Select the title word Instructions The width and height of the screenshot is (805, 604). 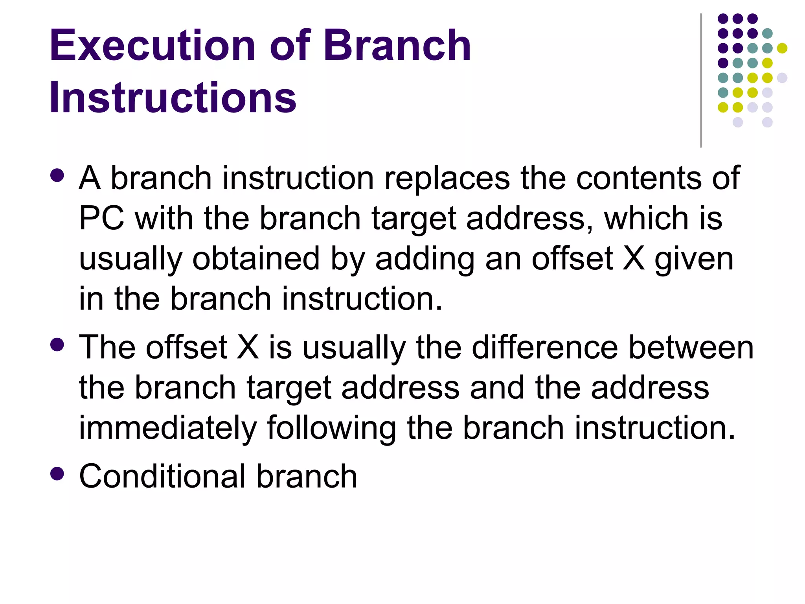coord(173,97)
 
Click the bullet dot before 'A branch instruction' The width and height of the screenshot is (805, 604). coord(57,175)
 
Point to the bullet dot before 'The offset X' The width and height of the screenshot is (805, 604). coord(57,345)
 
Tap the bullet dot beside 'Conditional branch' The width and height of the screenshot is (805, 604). coord(57,473)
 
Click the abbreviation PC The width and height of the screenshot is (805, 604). coord(101,218)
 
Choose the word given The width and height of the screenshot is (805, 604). coord(694,260)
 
